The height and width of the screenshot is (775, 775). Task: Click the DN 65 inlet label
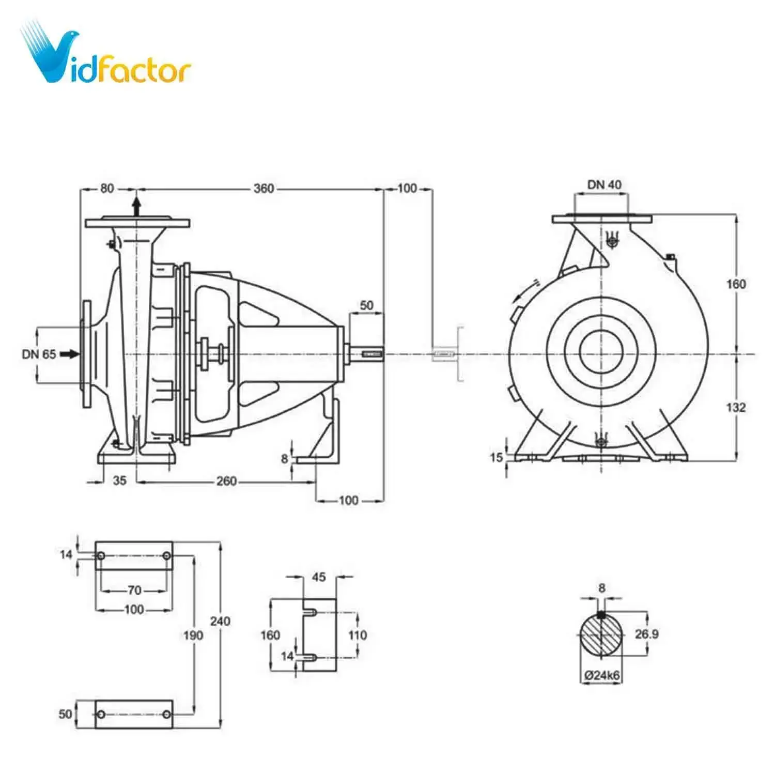click(39, 354)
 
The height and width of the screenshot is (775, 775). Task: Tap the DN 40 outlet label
click(604, 184)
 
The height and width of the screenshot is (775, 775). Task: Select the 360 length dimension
click(263, 189)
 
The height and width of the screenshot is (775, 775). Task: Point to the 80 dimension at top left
click(107, 188)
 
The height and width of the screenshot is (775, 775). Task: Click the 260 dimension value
click(226, 482)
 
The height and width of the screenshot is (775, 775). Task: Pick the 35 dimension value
click(119, 481)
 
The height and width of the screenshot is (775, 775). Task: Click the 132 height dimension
click(736, 408)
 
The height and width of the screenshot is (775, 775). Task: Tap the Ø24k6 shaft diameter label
click(601, 675)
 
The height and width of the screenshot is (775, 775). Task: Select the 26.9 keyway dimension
click(646, 634)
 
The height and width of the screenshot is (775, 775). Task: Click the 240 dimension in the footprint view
click(220, 621)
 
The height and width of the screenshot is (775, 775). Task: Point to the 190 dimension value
click(193, 635)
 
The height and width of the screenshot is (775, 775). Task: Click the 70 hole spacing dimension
click(134, 590)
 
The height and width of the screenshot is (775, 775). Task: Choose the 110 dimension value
click(358, 635)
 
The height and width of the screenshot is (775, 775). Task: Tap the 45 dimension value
click(319, 577)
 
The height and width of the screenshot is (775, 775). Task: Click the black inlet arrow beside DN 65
click(70, 354)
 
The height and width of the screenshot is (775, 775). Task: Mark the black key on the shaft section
click(601, 615)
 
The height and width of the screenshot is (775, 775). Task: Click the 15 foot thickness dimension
click(496, 457)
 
